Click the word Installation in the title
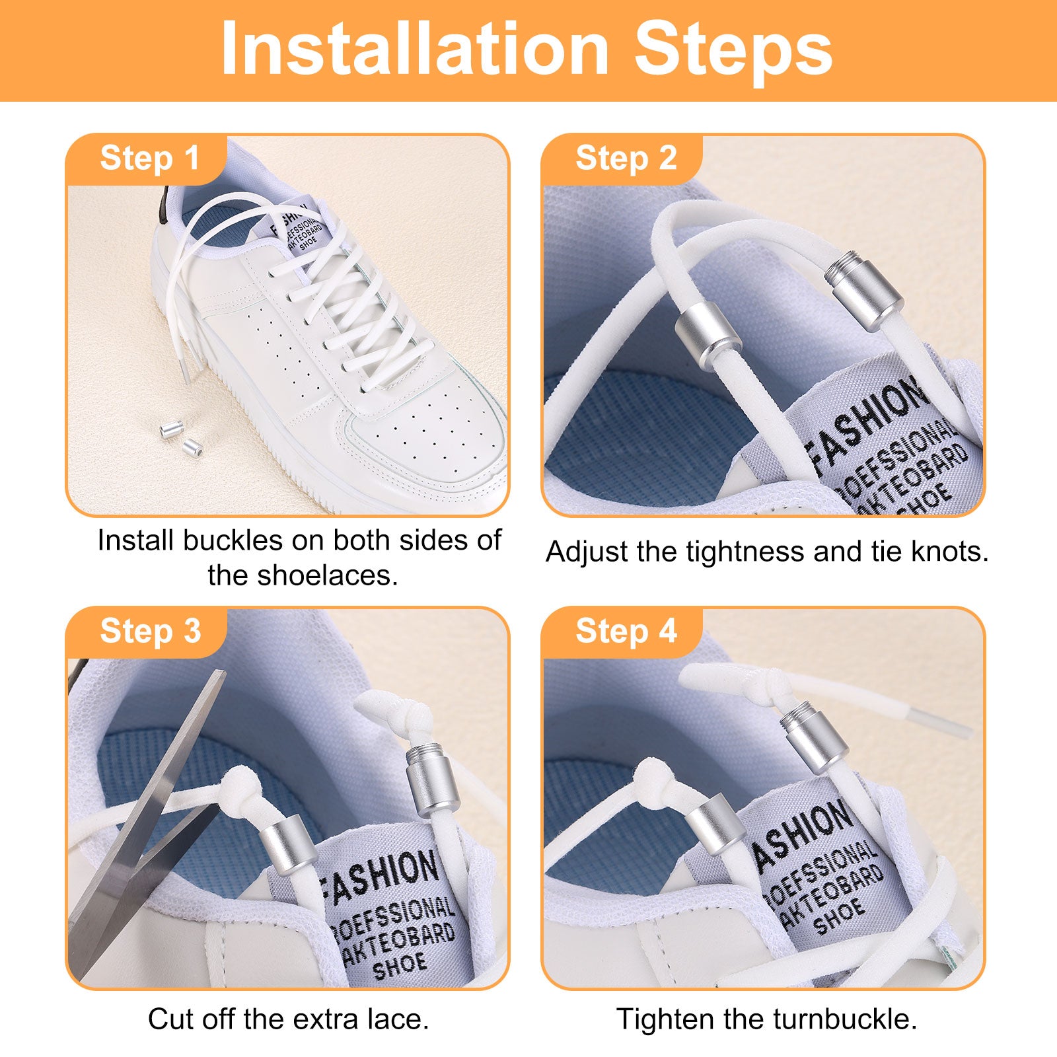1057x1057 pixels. (x=415, y=50)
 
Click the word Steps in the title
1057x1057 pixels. (x=733, y=51)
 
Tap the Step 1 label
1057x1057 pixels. (x=149, y=159)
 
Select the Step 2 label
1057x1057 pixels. (x=626, y=159)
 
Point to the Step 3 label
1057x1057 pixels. (x=150, y=631)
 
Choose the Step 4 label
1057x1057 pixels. (x=626, y=631)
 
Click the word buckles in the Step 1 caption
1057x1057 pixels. (x=233, y=540)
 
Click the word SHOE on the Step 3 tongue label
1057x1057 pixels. (x=400, y=966)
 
